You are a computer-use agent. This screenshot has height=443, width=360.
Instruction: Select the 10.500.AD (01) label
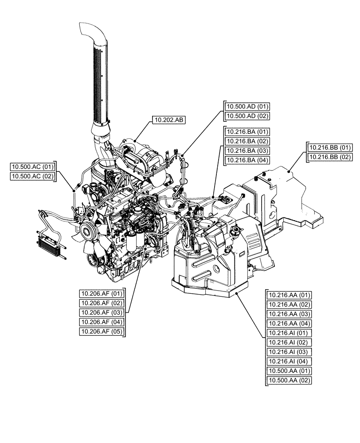[247, 106]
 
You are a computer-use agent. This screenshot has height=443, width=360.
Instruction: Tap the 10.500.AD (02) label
[247, 116]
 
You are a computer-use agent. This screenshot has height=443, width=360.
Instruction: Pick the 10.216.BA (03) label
[247, 151]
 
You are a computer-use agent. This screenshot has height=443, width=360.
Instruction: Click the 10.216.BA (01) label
[247, 132]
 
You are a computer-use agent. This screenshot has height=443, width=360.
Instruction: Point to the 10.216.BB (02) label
[330, 157]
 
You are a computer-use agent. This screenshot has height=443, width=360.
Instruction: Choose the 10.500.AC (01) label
[32, 167]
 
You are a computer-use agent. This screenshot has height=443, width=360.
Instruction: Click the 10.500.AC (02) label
[32, 176]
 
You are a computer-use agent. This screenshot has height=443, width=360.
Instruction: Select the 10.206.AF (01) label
[102, 293]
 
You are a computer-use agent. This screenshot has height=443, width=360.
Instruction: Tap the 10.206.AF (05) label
[102, 331]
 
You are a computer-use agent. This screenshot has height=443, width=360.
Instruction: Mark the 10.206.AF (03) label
[102, 312]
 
